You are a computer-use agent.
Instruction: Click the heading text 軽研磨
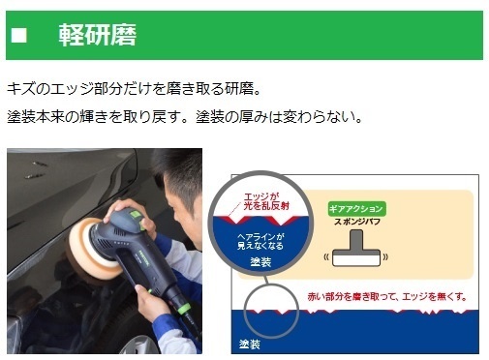tap(98, 35)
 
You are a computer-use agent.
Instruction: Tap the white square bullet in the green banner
tap(19, 35)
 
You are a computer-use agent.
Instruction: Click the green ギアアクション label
tap(356, 209)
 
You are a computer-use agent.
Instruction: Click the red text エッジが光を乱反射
tap(266, 201)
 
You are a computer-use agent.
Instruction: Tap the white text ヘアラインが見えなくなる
tap(260, 242)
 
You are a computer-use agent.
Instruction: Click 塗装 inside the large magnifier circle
tap(260, 261)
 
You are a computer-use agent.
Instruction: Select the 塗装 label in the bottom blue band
tap(250, 345)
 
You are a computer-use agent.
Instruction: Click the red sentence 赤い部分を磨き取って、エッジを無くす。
tap(387, 296)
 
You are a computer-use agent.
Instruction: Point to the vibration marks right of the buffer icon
tap(385, 257)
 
